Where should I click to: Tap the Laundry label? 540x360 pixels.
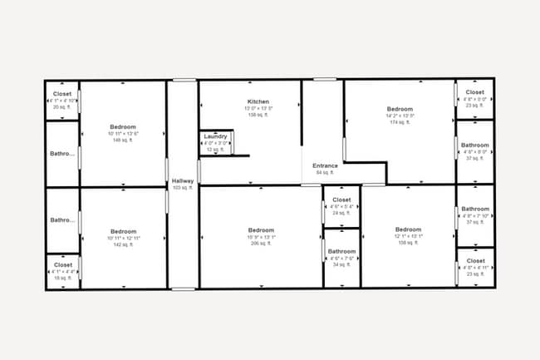pyautogui.click(x=215, y=136)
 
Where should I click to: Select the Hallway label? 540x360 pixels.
pyautogui.click(x=182, y=180)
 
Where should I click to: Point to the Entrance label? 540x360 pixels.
pyautogui.click(x=325, y=165)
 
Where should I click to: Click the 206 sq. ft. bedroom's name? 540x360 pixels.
pyautogui.click(x=261, y=229)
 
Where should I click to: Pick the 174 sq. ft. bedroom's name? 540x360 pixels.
pyautogui.click(x=400, y=109)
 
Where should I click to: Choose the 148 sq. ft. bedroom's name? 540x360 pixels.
pyautogui.click(x=123, y=126)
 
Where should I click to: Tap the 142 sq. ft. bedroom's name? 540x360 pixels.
pyautogui.click(x=123, y=231)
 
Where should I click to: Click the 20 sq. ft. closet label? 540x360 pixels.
pyautogui.click(x=62, y=94)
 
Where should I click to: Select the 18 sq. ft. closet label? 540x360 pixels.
pyautogui.click(x=62, y=264)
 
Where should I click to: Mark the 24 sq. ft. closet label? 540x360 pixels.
pyautogui.click(x=341, y=200)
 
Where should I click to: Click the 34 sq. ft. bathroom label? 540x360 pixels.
pyautogui.click(x=341, y=251)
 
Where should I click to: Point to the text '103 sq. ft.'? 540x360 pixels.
pyautogui.click(x=182, y=188)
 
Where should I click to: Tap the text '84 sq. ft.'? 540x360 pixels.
pyautogui.click(x=324, y=173)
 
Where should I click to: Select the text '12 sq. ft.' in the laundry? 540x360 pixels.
pyautogui.click(x=215, y=150)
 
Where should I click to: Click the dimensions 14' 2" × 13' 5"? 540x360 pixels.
pyautogui.click(x=400, y=116)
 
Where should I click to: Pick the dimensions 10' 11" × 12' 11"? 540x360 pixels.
pyautogui.click(x=123, y=238)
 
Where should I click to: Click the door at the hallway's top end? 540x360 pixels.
pyautogui.click(x=184, y=80)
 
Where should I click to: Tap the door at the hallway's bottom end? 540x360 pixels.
pyautogui.click(x=183, y=288)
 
